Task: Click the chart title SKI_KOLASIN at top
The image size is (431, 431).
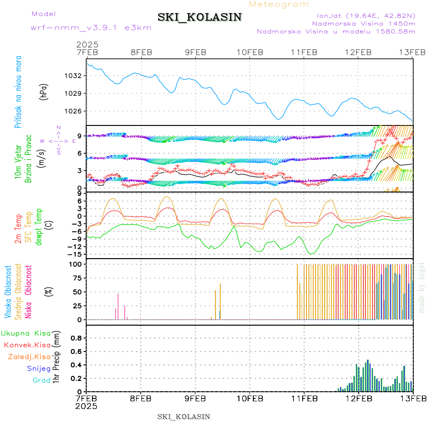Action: click(x=200, y=17)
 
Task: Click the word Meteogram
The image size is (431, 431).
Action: click(x=279, y=4)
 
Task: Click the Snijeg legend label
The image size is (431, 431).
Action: click(x=39, y=368)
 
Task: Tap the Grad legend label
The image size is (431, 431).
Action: click(x=42, y=380)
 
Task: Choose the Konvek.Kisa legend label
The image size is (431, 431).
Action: click(x=27, y=345)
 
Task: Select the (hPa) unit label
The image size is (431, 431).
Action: click(x=44, y=91)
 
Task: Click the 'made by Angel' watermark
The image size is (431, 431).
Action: click(x=422, y=287)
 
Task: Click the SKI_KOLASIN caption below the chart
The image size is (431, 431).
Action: click(x=183, y=417)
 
